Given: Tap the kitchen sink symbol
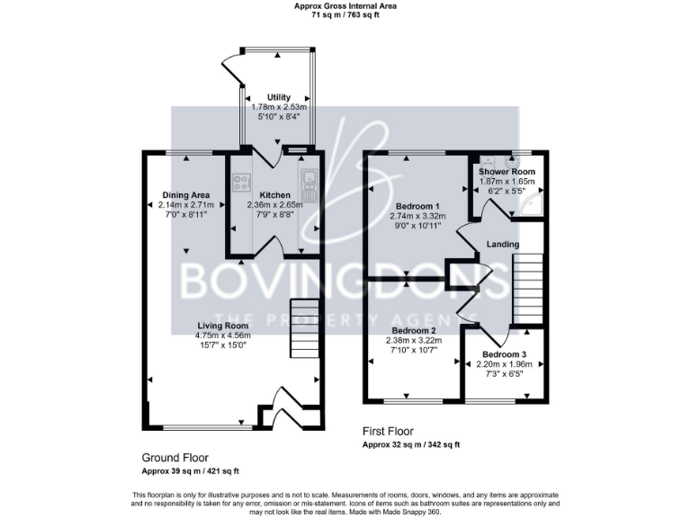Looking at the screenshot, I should click(308, 185).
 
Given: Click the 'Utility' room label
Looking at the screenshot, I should click(278, 97).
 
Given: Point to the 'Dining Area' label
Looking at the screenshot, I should click(185, 195).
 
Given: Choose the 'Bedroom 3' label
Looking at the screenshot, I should click(504, 353).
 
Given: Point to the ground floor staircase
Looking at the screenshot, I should click(301, 328).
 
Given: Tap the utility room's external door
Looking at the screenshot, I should click(232, 66).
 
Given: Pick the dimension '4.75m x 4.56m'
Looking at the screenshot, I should click(223, 335).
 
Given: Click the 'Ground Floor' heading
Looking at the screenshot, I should click(174, 458).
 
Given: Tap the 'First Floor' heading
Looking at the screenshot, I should click(389, 432).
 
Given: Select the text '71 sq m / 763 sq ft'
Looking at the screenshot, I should click(345, 15).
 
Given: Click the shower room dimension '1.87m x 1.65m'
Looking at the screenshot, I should click(507, 182).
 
